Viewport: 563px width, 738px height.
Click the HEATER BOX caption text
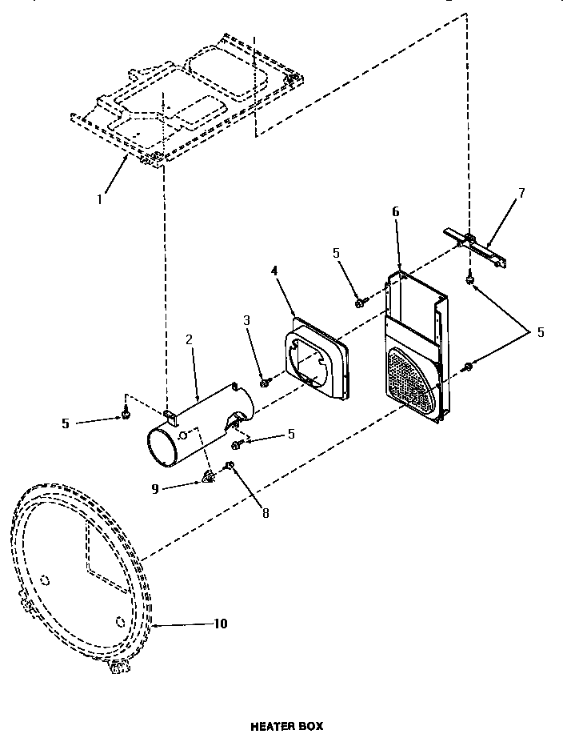pos(287,726)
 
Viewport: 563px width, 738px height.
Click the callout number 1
pos(100,199)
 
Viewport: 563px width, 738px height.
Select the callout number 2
pos(189,339)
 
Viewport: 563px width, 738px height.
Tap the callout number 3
pos(247,320)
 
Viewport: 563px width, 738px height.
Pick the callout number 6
pos(396,211)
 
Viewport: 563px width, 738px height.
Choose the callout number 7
pos(521,194)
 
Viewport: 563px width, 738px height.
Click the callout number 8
pos(266,513)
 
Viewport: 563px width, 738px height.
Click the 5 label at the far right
pos(541,332)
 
